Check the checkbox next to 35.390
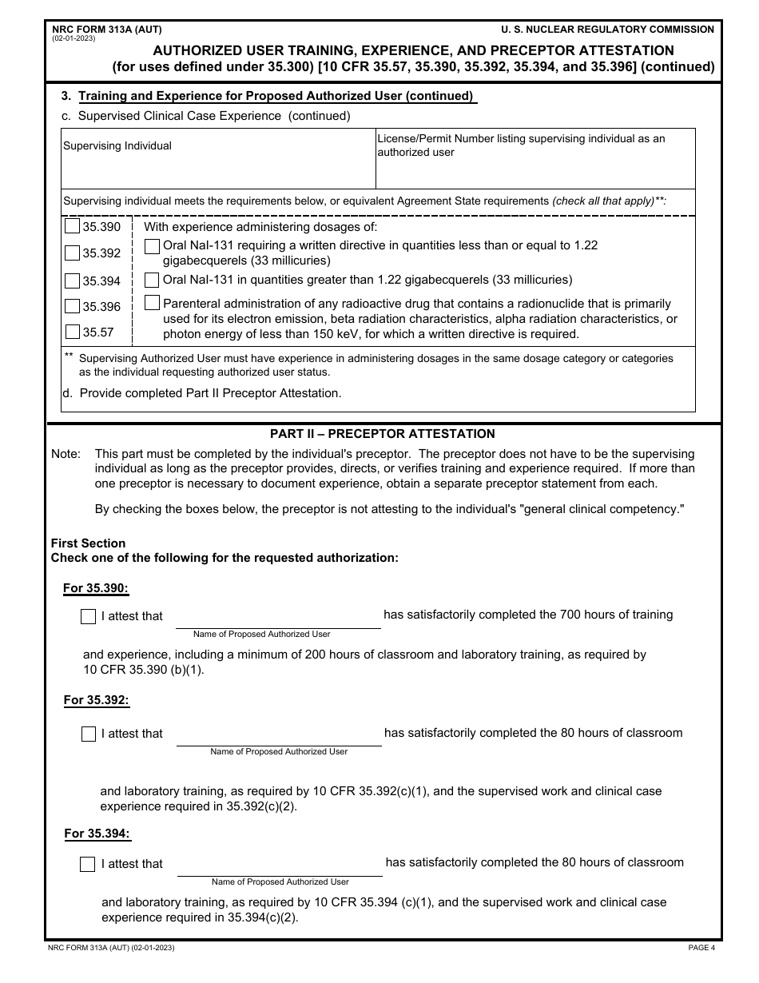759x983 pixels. [x=72, y=227]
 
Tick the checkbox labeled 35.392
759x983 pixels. [x=72, y=253]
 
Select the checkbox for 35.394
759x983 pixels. [x=72, y=281]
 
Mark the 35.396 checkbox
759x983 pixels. [x=72, y=306]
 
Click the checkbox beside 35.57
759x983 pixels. [x=72, y=332]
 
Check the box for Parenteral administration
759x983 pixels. [x=152, y=303]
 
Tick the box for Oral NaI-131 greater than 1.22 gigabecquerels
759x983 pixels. [x=152, y=280]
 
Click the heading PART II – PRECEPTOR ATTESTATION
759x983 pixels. [x=383, y=434]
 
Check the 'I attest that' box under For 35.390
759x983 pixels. [x=89, y=616]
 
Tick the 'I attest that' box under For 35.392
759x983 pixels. [x=89, y=734]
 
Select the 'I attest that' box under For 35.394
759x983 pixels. [x=88, y=864]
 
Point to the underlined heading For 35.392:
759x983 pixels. [x=96, y=700]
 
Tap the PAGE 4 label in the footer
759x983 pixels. [x=701, y=948]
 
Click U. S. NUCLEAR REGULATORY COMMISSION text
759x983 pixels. [x=607, y=30]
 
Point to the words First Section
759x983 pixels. [x=88, y=543]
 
